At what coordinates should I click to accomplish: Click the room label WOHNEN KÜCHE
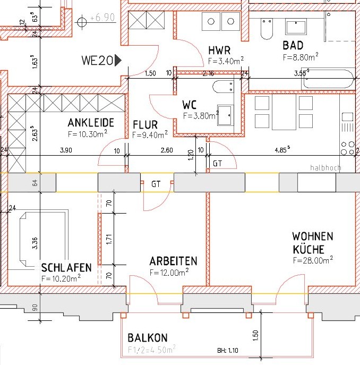(x=313, y=242)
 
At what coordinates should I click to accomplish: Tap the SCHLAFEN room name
(x=66, y=267)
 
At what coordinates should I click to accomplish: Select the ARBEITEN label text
(x=173, y=261)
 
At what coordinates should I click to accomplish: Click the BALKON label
(x=148, y=338)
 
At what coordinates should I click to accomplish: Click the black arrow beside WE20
(x=118, y=61)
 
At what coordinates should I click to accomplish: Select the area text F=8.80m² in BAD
(x=301, y=56)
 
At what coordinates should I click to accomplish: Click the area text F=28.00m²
(x=313, y=260)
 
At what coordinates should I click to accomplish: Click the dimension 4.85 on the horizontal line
(x=281, y=150)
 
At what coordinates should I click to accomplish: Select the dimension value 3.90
(x=66, y=150)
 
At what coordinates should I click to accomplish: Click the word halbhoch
(x=325, y=168)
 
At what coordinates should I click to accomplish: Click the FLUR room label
(x=145, y=125)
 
